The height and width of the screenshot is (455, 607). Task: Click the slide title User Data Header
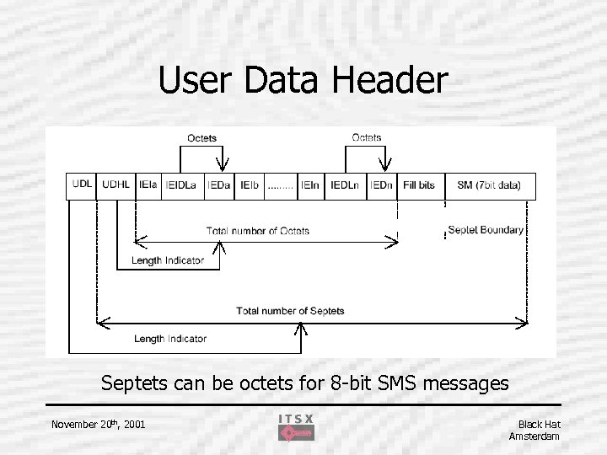tap(303, 81)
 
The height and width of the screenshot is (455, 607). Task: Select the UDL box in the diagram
tap(83, 185)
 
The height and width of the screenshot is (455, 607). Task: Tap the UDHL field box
tap(115, 185)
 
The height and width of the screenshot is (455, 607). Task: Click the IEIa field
tap(148, 185)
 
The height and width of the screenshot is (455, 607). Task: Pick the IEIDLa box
tap(182, 185)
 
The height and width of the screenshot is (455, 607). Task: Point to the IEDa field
tap(220, 185)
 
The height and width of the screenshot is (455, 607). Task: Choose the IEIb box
tap(250, 185)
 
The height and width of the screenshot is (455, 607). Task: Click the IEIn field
tap(310, 185)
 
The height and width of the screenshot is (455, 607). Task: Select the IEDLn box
tap(345, 185)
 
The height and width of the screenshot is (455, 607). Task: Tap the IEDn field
tap(382, 185)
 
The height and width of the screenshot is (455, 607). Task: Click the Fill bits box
tap(419, 185)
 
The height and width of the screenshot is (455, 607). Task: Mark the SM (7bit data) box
tap(489, 185)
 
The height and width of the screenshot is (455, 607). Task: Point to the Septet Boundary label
tap(486, 229)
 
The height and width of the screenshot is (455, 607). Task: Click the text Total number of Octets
tap(257, 231)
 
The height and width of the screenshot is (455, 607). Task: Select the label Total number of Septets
tap(290, 311)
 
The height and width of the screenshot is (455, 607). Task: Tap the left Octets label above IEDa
tap(201, 138)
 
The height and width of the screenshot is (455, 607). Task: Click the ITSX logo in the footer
tap(296, 427)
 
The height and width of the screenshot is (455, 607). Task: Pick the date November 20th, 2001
tap(98, 424)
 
